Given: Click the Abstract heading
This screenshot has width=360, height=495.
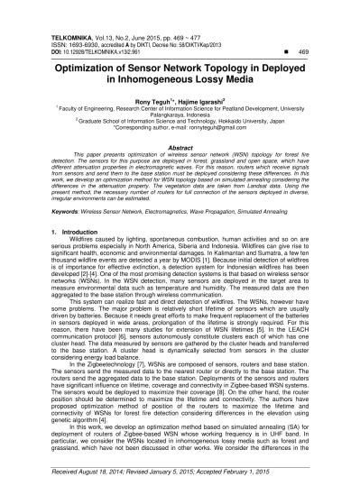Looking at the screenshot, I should click(x=180, y=123).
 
